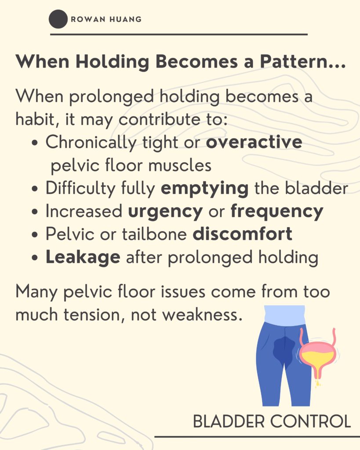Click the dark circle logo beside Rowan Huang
58,19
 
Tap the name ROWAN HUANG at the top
106,19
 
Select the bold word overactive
254,142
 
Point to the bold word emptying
204,189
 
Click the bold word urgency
165,212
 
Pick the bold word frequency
277,211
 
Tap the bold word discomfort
242,234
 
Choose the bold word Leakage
83,257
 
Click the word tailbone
154,234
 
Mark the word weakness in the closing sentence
201,315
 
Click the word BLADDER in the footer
229,421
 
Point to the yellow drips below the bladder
317,383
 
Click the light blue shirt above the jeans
284,315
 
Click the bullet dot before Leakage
35,258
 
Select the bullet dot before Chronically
35,143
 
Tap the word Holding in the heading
113,62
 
